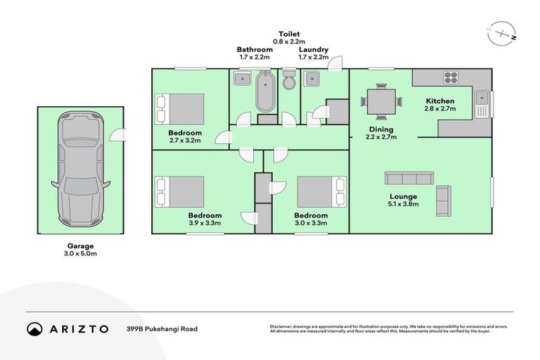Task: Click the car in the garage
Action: click(x=80, y=170)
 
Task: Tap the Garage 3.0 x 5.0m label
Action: click(x=77, y=250)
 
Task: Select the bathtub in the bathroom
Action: click(x=266, y=91)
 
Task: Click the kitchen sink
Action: click(x=482, y=103)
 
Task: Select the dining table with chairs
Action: click(x=381, y=101)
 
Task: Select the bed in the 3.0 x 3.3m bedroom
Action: click(x=321, y=191)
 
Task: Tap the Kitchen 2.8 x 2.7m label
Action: click(x=439, y=105)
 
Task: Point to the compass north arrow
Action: click(x=501, y=32)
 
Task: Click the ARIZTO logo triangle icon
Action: click(x=34, y=328)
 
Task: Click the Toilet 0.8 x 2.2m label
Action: click(x=289, y=37)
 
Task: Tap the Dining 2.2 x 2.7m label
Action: click(x=382, y=133)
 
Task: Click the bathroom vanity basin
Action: click(x=241, y=78)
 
